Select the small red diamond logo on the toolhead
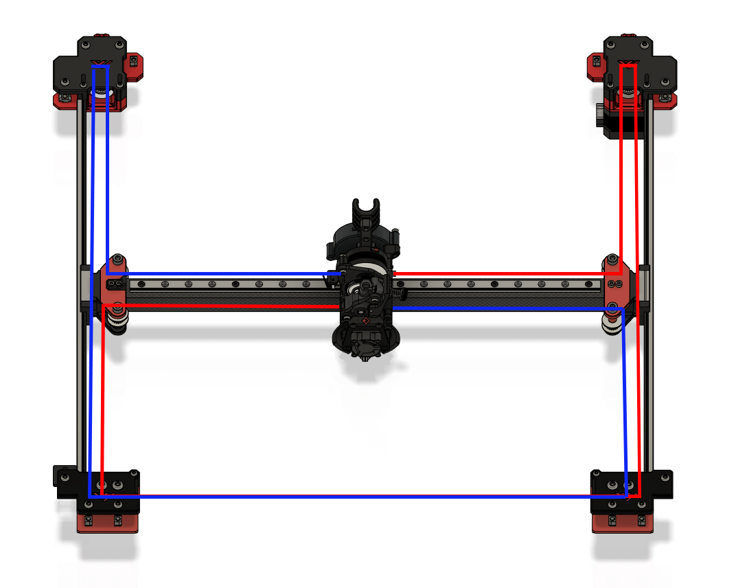pos(365,320)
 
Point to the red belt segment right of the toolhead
pos(501,273)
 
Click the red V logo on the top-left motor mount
pos(100,64)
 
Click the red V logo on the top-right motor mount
pos(628,64)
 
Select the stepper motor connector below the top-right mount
pos(600,114)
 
